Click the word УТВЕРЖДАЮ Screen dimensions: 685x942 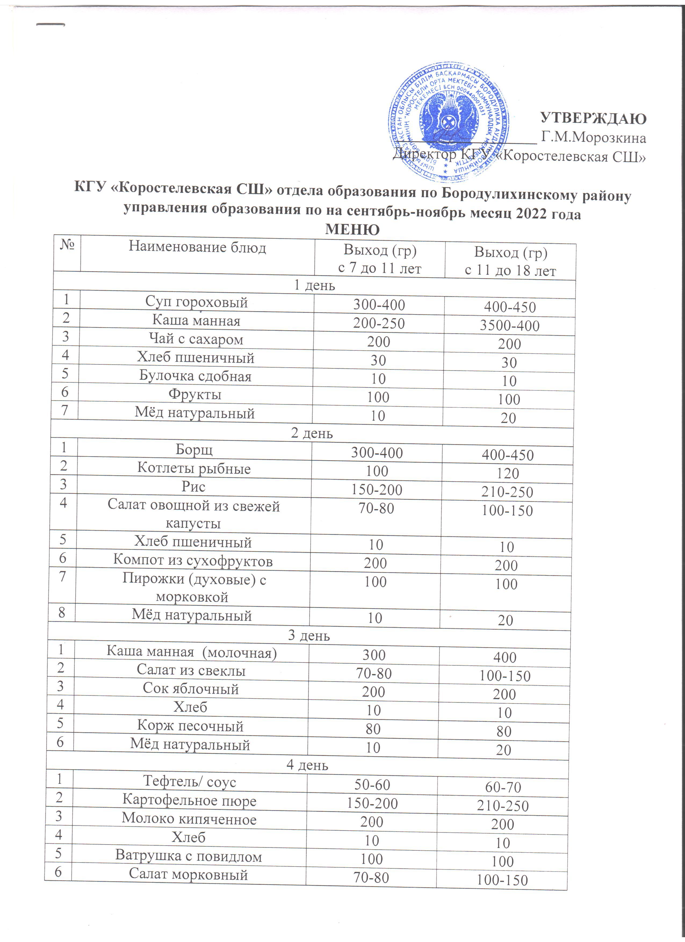[593, 118]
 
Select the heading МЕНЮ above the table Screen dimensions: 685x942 [352, 229]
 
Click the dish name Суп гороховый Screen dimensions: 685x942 [196, 302]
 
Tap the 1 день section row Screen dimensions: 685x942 [315, 286]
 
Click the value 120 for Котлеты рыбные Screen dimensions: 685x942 [508, 473]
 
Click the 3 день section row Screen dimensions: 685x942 [309, 636]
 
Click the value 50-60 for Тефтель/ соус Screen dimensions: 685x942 [372, 785]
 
